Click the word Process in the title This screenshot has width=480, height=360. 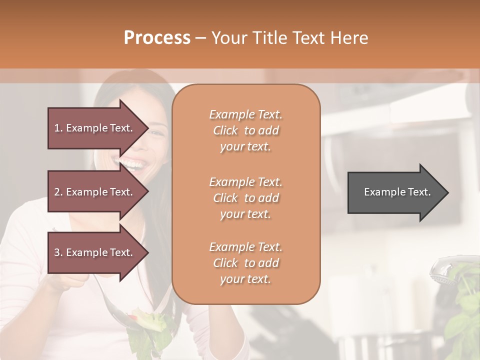pos(157,38)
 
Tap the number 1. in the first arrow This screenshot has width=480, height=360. pos(58,128)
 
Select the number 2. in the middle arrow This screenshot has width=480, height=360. pos(58,192)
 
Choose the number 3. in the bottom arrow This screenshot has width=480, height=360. pos(58,252)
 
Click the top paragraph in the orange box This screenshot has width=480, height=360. pos(245,130)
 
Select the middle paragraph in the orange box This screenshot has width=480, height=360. pos(245,198)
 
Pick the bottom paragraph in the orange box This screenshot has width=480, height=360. pos(245,263)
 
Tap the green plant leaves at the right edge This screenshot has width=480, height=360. pos(462,315)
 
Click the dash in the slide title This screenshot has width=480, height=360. pos(201,38)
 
